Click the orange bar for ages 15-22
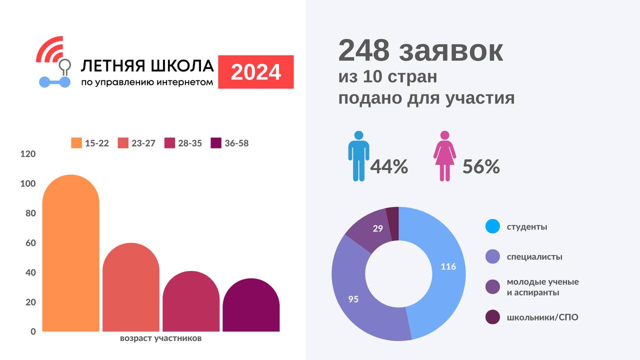[70, 255]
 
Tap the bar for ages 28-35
[190, 302]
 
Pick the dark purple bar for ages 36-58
[250, 306]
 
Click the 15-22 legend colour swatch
[76, 143]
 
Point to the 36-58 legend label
[236, 143]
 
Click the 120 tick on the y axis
[28, 154]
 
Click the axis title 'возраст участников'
[160, 338]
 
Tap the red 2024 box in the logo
[256, 72]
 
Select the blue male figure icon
[358, 155]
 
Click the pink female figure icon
[444, 155]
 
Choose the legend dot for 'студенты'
[492, 226]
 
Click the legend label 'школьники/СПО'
[542, 317]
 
